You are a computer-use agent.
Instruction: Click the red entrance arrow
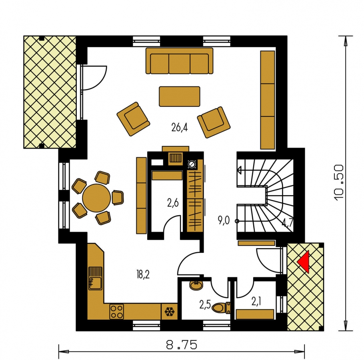point(304,262)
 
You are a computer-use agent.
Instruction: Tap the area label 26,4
point(180,128)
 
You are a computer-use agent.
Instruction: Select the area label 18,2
point(143,274)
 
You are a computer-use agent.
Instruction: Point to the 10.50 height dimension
point(339,182)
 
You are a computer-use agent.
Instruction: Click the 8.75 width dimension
point(182,345)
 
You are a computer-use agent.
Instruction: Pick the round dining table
point(96,198)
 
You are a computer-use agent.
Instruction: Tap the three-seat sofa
point(179,61)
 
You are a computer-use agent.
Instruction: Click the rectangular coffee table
point(180,96)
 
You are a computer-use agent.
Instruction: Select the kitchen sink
point(95,278)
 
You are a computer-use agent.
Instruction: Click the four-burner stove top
point(116,312)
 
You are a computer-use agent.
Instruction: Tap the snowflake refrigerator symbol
point(170,312)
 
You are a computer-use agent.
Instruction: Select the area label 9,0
point(224,220)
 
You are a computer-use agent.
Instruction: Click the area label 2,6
point(173,203)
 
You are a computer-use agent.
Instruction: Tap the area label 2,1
point(256,302)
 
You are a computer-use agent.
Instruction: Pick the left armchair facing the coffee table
point(133,119)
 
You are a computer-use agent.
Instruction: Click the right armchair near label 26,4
point(214,122)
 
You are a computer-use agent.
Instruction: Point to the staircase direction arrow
point(239,170)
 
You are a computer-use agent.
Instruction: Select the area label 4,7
point(287,223)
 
